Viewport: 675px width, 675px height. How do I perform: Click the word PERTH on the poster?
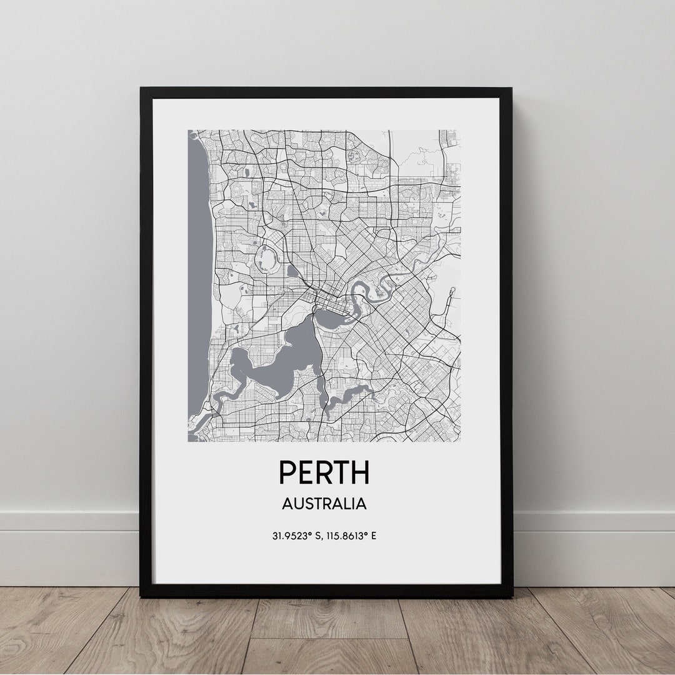tap(324, 472)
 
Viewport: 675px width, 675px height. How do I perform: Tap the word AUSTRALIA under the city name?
tap(324, 504)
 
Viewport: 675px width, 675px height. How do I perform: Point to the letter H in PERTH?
tap(359, 472)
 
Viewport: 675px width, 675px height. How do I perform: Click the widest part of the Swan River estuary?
tap(294, 356)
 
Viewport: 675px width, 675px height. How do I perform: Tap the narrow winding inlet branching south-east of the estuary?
tap(350, 394)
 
